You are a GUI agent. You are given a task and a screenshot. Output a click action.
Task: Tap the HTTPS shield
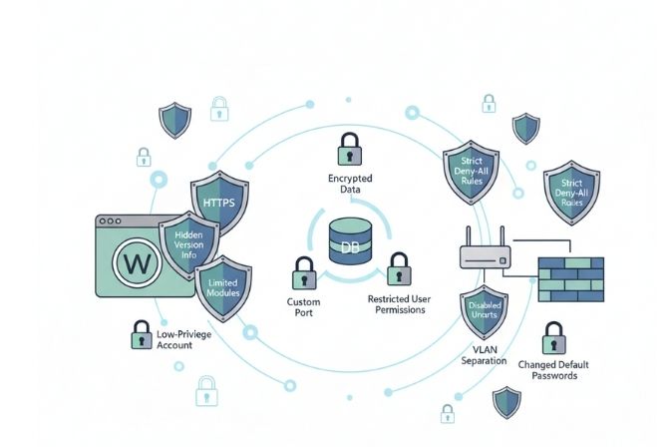218,203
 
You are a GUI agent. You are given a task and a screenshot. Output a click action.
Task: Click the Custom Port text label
303,306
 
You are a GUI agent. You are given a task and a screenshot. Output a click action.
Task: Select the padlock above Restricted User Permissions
397,267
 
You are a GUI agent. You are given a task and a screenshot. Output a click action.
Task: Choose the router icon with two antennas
486,255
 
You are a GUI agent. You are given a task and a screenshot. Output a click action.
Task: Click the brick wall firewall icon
571,278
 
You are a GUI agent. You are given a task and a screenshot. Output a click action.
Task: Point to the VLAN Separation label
486,355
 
